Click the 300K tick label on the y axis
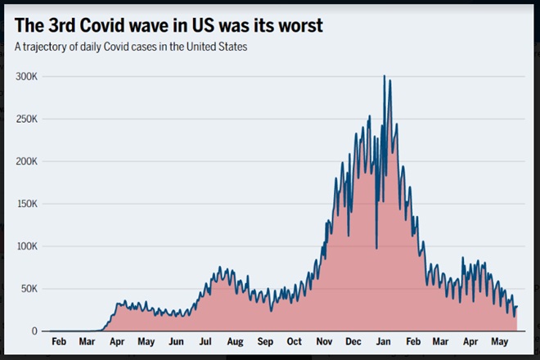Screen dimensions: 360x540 coord(27,76)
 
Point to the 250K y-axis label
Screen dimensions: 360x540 coord(27,119)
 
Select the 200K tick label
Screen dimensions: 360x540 coord(27,161)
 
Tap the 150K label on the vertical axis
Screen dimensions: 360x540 coord(27,204)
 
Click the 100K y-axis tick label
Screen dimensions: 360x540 coord(27,246)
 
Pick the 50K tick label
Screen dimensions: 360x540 coord(29,289)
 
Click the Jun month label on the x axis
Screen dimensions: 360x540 coord(176,341)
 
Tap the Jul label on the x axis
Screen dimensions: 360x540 coord(205,341)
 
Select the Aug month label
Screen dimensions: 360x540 coord(235,341)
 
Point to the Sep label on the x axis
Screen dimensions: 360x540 coord(265,341)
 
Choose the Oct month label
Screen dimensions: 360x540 coord(295,341)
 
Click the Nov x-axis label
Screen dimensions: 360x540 coord(325,341)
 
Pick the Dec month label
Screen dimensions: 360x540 coord(354,341)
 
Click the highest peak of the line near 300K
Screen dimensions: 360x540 coord(385,76)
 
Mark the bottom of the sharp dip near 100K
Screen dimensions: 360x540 coord(376,248)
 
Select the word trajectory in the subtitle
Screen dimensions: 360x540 coord(50,47)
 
